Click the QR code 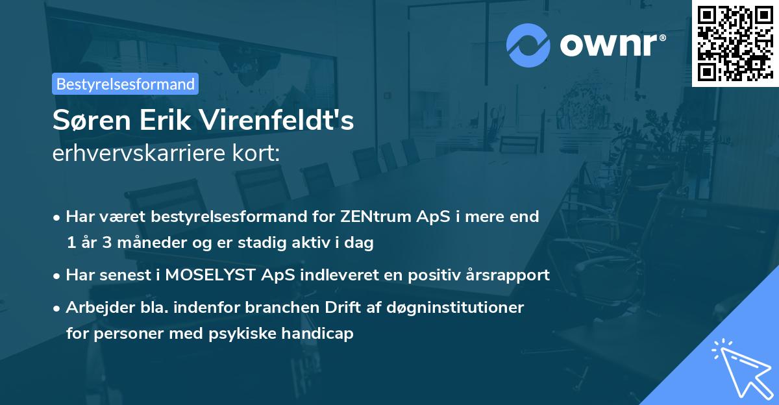pos(735,43)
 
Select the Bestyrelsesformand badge pos(125,84)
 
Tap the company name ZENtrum pos(369,216)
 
